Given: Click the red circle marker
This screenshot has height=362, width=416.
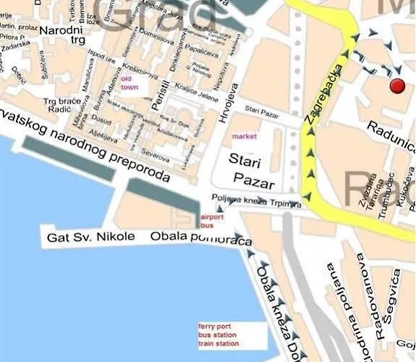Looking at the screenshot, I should click(x=396, y=86).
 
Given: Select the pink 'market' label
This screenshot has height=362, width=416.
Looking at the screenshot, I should click(x=244, y=136).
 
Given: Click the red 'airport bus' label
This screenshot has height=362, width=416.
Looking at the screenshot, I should click(x=212, y=221).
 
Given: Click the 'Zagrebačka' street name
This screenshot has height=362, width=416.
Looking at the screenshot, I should click(x=319, y=104).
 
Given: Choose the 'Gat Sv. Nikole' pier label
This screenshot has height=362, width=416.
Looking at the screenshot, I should click(x=90, y=237).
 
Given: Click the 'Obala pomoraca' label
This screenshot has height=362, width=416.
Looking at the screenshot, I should click(x=201, y=238).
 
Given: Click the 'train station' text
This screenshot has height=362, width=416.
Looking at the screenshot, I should click(x=218, y=343).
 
